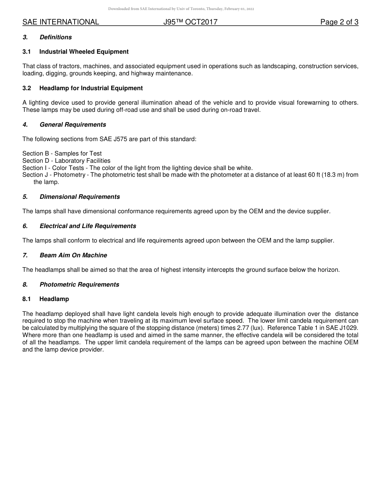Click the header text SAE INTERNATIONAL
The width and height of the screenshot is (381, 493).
click(61, 22)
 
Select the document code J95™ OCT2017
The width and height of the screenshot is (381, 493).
click(190, 22)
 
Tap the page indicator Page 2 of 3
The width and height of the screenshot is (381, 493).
click(339, 22)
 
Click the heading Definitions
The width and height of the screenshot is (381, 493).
click(55, 37)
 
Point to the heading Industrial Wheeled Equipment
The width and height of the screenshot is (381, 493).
click(84, 52)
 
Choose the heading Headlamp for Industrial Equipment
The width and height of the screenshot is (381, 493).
click(91, 88)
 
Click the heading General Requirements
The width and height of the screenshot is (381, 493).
click(73, 125)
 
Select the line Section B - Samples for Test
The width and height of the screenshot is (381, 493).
click(62, 154)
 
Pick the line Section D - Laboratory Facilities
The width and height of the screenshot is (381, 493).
click(66, 161)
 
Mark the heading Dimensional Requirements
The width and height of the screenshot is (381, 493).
click(79, 197)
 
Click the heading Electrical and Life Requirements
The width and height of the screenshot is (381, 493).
click(87, 226)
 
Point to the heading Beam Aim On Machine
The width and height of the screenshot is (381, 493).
click(73, 255)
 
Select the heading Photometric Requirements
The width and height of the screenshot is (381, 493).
click(79, 285)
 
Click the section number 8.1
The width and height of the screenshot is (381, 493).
click(27, 299)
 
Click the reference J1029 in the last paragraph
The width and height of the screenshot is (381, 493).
click(347, 328)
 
